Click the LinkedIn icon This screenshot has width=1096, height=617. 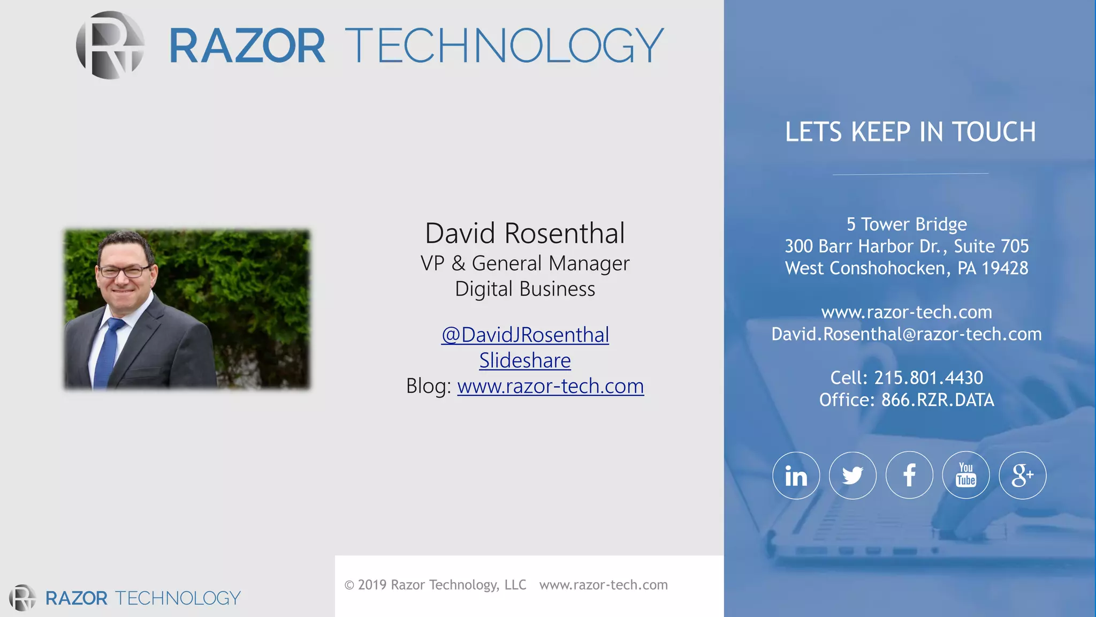coord(796,476)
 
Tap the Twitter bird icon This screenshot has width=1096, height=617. coord(853,476)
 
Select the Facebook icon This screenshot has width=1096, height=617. coord(909,476)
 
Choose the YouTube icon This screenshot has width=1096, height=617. coord(966,476)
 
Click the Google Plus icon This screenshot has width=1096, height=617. coord(1022,476)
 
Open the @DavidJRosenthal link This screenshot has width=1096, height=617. coord(525,335)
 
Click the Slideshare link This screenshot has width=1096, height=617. coord(525,360)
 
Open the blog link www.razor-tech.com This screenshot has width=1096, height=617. coord(550,386)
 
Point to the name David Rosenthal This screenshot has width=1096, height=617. coord(525,234)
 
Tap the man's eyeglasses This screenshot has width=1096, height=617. coord(124,272)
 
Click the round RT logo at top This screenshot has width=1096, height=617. coord(110,46)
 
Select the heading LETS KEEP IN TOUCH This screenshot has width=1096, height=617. coord(910,132)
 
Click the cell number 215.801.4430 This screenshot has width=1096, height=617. coord(928,378)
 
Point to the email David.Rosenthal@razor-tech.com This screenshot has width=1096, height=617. coord(907,334)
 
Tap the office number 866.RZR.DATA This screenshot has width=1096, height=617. coord(938,400)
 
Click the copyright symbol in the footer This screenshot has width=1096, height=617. coord(349,585)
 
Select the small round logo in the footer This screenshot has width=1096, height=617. coord(22,598)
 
